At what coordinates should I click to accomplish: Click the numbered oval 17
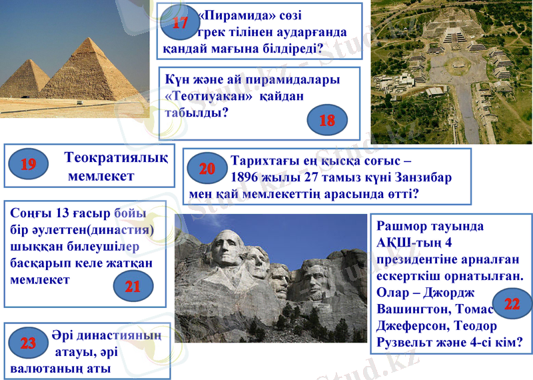pos(180,24)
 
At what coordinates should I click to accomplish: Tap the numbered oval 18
pos(327,120)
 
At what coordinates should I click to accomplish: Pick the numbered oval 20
pos(207,169)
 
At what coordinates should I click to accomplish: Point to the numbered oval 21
pos(133,287)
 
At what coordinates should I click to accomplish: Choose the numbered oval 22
pos(512,304)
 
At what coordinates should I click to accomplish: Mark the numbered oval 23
pos(28,343)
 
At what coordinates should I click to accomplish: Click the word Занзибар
pos(425,178)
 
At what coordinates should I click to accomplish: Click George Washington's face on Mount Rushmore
pos(227,251)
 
